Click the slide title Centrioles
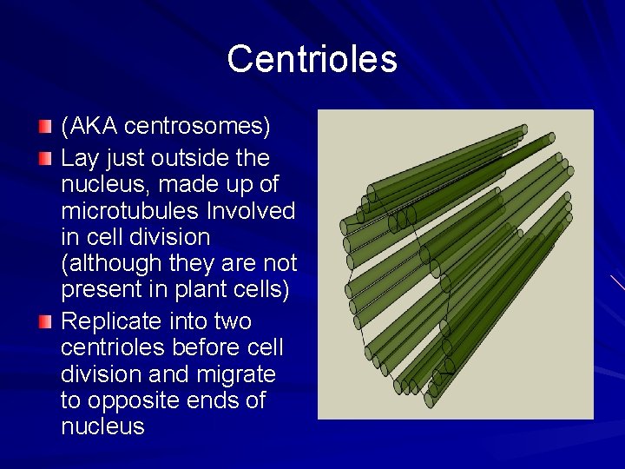pos(312,59)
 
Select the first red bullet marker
pos(45,128)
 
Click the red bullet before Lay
pos(45,160)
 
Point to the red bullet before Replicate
pos(45,322)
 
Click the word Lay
pos(78,159)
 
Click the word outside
pos(184,159)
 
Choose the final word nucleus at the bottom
pos(102,426)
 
